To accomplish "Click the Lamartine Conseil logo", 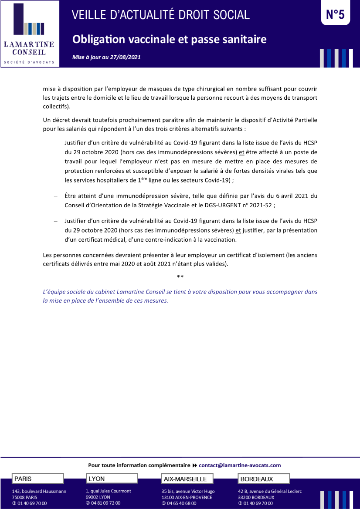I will click(x=29, y=34).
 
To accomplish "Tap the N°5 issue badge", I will click(x=335, y=15).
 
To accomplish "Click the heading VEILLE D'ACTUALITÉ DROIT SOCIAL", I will click(x=160, y=15).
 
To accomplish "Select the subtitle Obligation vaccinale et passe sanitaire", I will click(x=169, y=40).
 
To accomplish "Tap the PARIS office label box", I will click(x=37, y=479).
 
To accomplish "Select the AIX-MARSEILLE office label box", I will click(x=187, y=479).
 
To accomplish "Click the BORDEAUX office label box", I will click(x=264, y=479).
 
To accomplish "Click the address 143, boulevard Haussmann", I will click(x=39, y=491).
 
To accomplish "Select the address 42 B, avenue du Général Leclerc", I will click(x=270, y=491).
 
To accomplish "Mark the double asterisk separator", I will click(x=180, y=277).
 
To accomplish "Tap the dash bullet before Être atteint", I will click(x=56, y=196).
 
